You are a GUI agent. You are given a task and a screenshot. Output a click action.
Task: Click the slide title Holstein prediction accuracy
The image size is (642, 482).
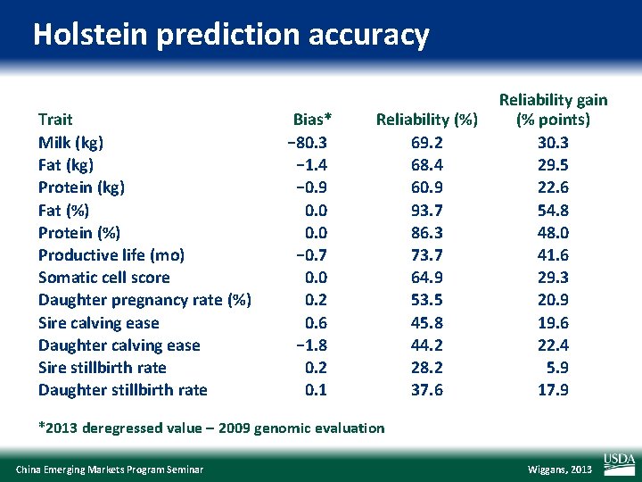[231, 35]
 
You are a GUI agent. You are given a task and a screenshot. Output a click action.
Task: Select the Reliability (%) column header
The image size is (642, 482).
[427, 120]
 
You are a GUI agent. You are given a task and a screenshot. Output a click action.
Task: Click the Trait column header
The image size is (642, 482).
[55, 120]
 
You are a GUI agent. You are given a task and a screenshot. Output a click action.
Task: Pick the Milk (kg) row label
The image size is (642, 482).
[70, 142]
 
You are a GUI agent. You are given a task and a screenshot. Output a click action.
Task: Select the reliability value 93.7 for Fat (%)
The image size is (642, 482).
[427, 210]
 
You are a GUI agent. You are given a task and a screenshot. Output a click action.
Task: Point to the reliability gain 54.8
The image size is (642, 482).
[553, 210]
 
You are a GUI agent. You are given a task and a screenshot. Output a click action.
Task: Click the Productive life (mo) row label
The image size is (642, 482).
[111, 255]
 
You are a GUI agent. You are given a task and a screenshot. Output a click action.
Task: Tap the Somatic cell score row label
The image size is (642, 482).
[103, 278]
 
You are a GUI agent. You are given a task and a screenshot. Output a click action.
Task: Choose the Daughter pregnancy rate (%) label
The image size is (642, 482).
[144, 300]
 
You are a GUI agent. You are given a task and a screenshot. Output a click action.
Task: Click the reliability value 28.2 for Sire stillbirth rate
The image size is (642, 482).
[427, 368]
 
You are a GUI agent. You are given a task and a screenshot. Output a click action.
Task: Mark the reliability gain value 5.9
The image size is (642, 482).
[559, 368]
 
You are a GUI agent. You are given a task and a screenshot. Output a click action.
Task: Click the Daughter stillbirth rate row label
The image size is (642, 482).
[122, 390]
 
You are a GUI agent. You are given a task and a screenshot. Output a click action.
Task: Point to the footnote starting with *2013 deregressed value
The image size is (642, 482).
[211, 428]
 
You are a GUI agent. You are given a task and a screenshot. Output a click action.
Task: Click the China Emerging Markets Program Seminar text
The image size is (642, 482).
[110, 470]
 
